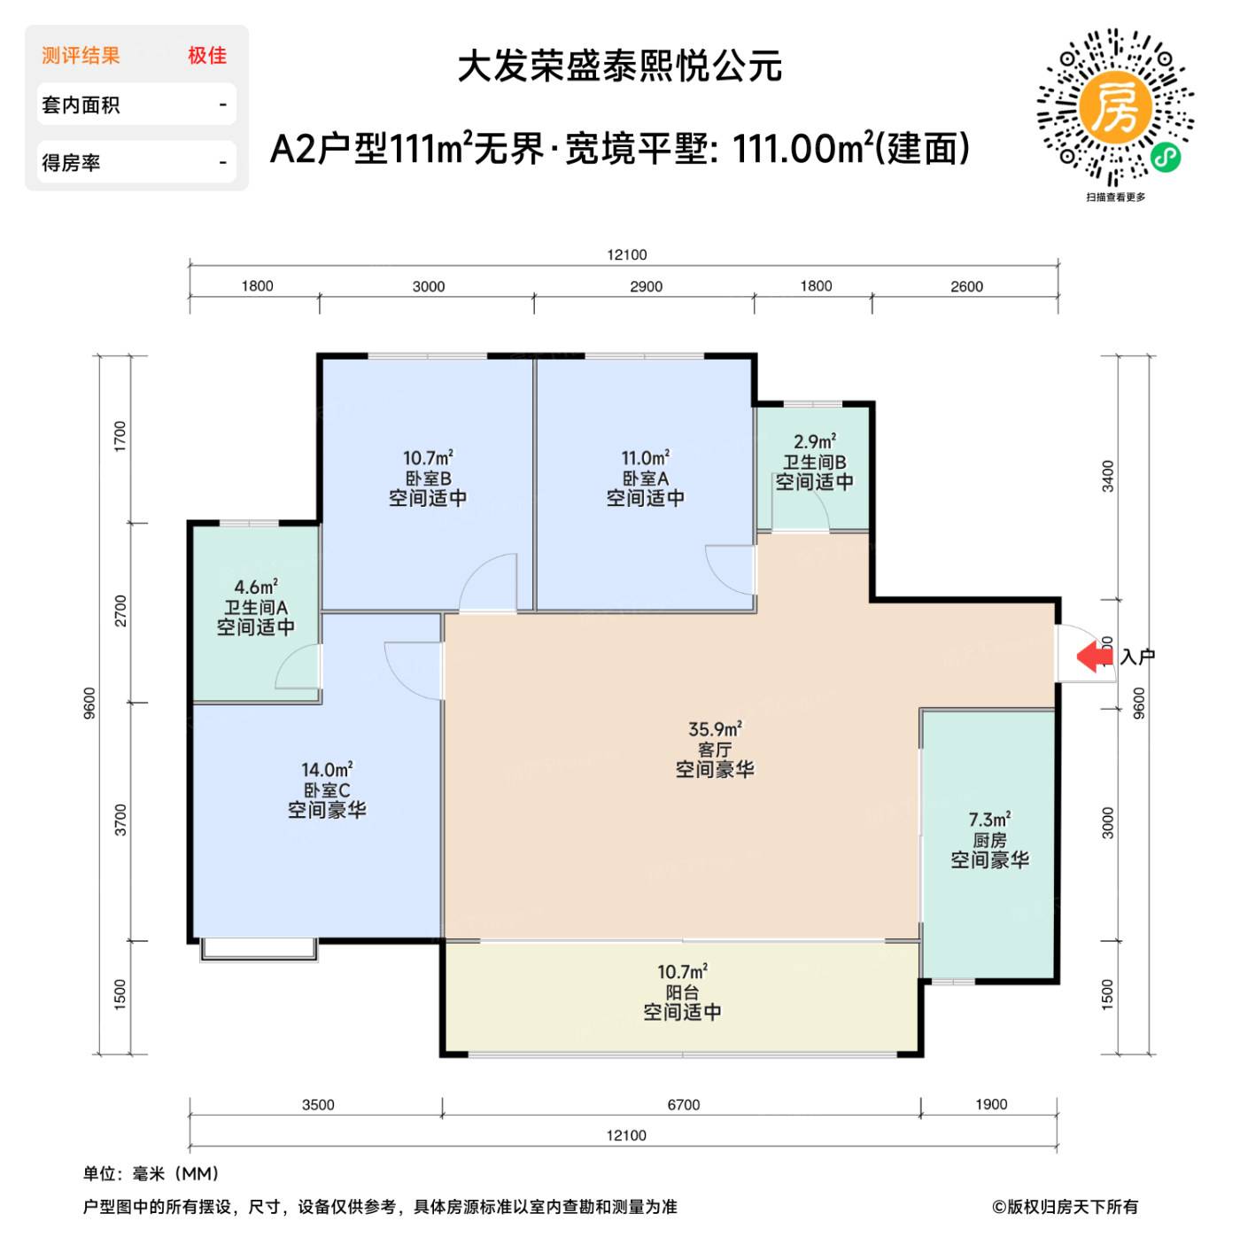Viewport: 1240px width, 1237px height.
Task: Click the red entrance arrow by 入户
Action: (x=1095, y=657)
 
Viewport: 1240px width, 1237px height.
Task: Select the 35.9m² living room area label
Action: (x=715, y=729)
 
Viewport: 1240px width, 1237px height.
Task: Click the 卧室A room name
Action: (x=645, y=478)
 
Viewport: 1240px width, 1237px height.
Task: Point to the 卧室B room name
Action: (x=428, y=478)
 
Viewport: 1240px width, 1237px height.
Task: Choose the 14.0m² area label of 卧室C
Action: (x=326, y=770)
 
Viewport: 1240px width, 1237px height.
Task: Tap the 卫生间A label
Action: (x=255, y=608)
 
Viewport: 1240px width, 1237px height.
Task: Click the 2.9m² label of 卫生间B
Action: (x=814, y=441)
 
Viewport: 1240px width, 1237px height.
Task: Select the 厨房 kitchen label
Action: (x=989, y=840)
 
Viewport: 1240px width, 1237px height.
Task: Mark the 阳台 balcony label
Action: (x=682, y=992)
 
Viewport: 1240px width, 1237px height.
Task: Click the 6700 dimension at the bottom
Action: (x=683, y=1105)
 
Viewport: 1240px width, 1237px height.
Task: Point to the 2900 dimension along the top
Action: (x=646, y=286)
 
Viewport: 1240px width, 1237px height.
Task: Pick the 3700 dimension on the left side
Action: (x=120, y=821)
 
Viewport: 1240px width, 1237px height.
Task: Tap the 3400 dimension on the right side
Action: (x=1107, y=477)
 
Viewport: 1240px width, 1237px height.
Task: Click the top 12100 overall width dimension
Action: (x=626, y=255)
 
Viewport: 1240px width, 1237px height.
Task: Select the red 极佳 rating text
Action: (x=207, y=56)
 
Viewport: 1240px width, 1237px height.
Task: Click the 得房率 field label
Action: (x=71, y=163)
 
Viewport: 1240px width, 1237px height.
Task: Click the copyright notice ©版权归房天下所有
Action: (x=1065, y=1207)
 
